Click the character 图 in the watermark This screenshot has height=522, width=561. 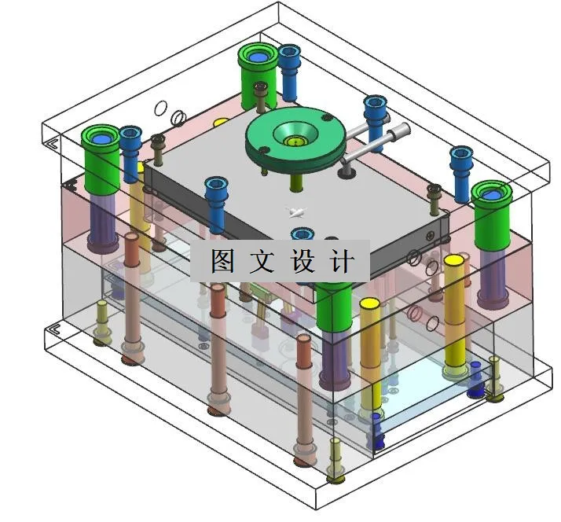(222, 261)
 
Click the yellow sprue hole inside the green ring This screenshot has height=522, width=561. (294, 142)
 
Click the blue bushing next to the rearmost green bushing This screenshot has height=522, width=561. (289, 61)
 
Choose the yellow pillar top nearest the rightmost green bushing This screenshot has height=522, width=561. (453, 259)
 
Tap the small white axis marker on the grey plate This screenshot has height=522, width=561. (296, 211)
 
